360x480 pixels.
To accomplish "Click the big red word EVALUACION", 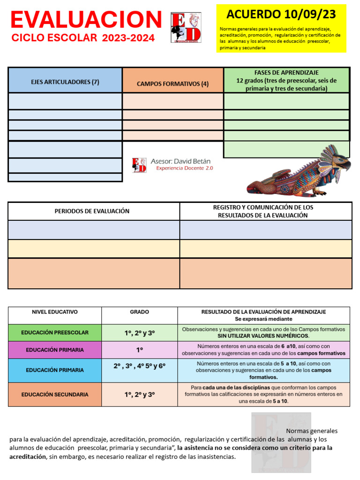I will coord(86,20).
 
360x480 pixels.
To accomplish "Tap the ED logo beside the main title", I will coord(186,27).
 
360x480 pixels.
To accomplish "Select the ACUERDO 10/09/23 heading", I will coord(281,14).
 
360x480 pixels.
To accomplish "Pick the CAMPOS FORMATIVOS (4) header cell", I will coord(172,84).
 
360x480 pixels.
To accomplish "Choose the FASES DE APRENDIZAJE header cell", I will coord(286,80).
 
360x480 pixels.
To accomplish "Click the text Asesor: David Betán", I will coord(181,161).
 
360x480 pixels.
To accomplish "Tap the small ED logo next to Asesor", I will coord(139,165).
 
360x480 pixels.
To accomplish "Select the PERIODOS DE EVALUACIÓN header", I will coord(92,211).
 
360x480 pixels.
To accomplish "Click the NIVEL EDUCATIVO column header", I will coord(55,312).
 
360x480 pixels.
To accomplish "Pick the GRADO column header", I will coord(139,312).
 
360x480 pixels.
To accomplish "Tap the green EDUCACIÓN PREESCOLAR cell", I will coord(55,332).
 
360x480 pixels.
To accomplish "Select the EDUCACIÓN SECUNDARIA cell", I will coord(55,395).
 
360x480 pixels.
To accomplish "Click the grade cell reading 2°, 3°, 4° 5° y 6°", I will coord(139,367).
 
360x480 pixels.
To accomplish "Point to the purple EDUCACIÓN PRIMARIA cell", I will coord(55,350).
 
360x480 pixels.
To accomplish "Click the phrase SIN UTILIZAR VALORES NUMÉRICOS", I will coord(263,336).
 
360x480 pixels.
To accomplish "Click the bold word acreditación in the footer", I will coord(28,456).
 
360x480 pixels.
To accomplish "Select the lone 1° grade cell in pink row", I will coord(139,350).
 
